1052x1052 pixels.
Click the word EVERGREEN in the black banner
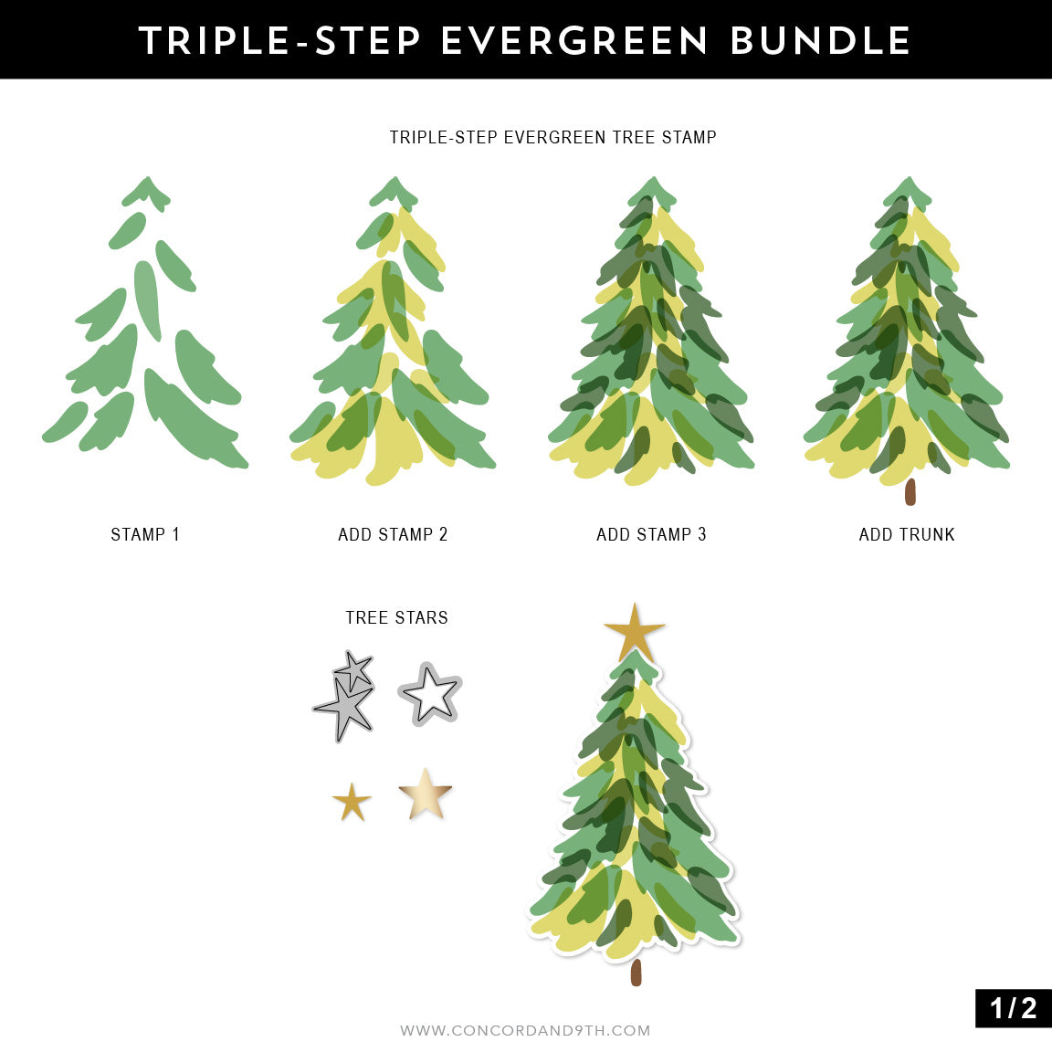click(x=574, y=41)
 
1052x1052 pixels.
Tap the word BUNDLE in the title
click(x=821, y=41)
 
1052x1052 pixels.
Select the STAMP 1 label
click(x=145, y=534)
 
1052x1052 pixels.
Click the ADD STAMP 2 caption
click(x=393, y=534)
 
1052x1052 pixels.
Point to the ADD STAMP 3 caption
click(x=651, y=534)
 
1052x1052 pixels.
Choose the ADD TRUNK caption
click(x=907, y=534)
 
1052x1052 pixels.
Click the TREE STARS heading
click(x=396, y=617)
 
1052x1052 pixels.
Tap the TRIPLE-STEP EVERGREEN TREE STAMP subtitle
click(x=552, y=137)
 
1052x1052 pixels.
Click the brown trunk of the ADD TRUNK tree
click(x=910, y=492)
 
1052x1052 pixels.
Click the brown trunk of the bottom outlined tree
click(x=636, y=972)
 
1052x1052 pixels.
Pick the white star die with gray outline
click(x=430, y=695)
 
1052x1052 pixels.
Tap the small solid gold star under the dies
click(x=352, y=803)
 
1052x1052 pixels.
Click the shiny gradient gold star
click(x=426, y=794)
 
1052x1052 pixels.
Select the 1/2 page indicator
click(x=1013, y=1007)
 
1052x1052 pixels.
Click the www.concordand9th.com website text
click(x=525, y=1030)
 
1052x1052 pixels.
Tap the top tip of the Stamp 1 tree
click(x=146, y=183)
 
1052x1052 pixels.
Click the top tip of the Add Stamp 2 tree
click(x=394, y=183)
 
